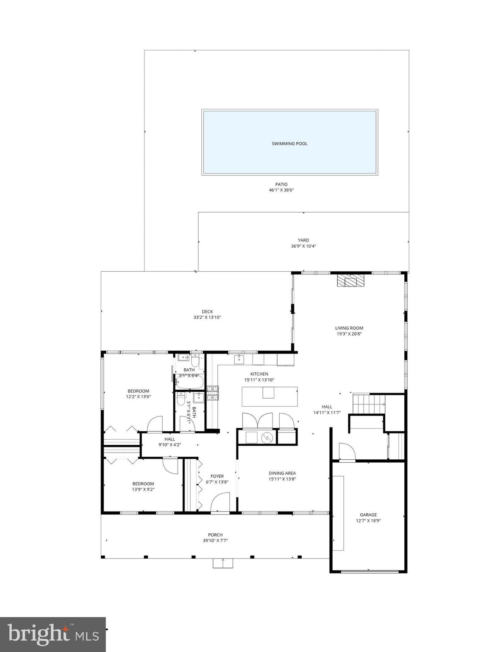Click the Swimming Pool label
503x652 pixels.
click(x=289, y=144)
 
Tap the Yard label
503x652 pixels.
click(x=303, y=240)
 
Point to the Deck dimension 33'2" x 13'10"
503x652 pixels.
click(x=207, y=318)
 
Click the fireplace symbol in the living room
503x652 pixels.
click(x=350, y=281)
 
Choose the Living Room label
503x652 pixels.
click(x=349, y=328)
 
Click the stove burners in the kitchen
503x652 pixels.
click(x=212, y=393)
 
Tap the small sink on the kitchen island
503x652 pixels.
click(x=268, y=393)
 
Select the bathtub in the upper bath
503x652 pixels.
click(x=189, y=383)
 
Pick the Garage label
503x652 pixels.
click(x=368, y=515)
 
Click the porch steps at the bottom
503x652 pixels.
click(x=223, y=563)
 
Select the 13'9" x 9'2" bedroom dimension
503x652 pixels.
click(x=143, y=489)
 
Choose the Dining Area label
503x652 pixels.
click(x=282, y=473)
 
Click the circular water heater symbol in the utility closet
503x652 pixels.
click(x=267, y=437)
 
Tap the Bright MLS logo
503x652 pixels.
click(x=53, y=634)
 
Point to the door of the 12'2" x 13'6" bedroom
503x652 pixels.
click(x=154, y=424)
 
